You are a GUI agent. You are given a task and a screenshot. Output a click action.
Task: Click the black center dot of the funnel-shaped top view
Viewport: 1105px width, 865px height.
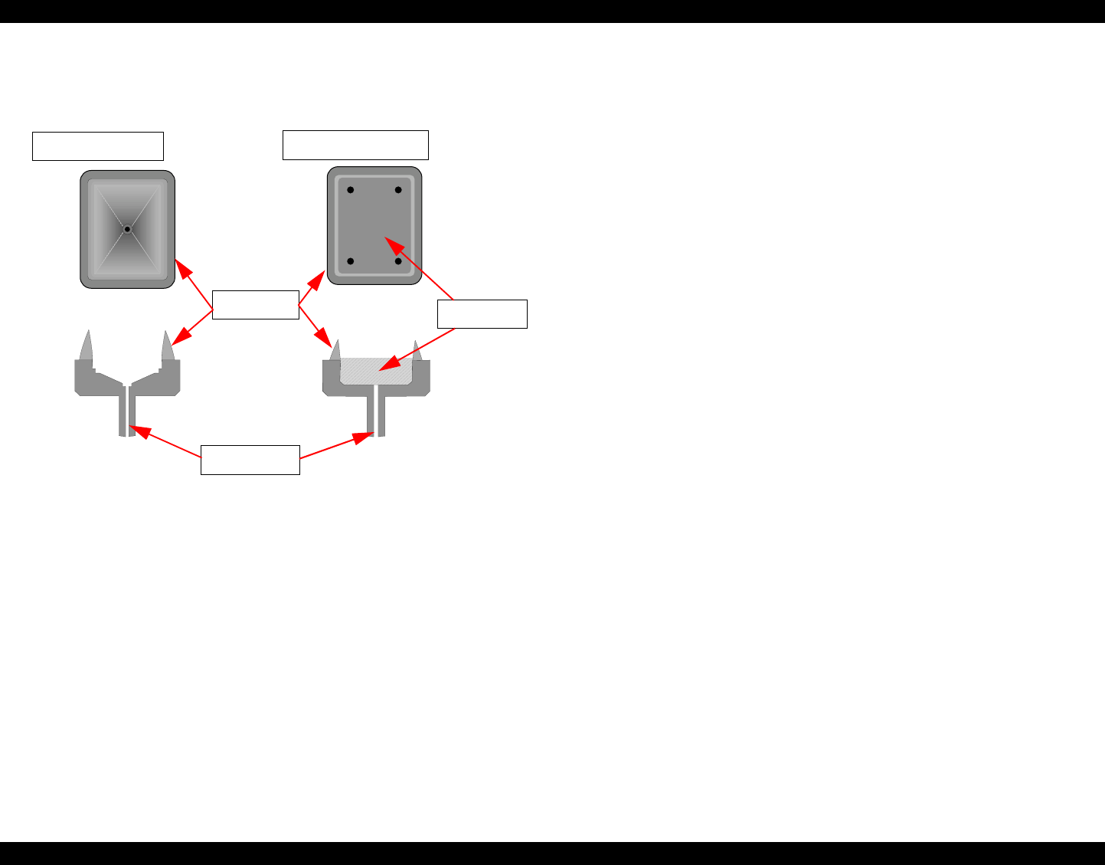(x=127, y=229)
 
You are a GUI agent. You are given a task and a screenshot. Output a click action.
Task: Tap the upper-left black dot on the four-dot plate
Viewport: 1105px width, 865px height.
(x=350, y=190)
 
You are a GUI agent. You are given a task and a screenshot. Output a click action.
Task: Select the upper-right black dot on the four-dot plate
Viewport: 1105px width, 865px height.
(x=398, y=190)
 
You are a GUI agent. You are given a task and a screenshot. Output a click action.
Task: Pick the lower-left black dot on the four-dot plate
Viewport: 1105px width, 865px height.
(x=350, y=261)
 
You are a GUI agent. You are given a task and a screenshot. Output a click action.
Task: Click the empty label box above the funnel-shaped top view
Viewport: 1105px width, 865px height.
(x=98, y=146)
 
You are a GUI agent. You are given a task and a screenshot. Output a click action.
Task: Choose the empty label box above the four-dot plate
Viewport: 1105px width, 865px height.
(x=355, y=145)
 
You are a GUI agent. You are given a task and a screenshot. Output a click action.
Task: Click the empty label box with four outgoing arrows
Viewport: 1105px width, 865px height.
(x=255, y=305)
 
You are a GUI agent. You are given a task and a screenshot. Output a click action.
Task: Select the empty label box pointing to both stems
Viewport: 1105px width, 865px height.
(x=250, y=460)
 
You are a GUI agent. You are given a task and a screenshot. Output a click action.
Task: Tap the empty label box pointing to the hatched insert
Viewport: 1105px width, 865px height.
(x=482, y=314)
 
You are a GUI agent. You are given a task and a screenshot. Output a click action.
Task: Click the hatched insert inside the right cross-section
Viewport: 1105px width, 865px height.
(x=375, y=371)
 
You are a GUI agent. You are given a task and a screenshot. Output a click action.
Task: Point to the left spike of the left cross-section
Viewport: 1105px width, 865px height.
(x=86, y=346)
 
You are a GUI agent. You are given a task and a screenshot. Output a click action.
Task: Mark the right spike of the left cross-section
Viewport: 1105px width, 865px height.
(x=167, y=347)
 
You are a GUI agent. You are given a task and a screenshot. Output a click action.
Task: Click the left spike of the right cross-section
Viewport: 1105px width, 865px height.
(x=335, y=350)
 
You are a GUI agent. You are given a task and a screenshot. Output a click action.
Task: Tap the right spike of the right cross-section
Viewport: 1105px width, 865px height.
(x=417, y=351)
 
